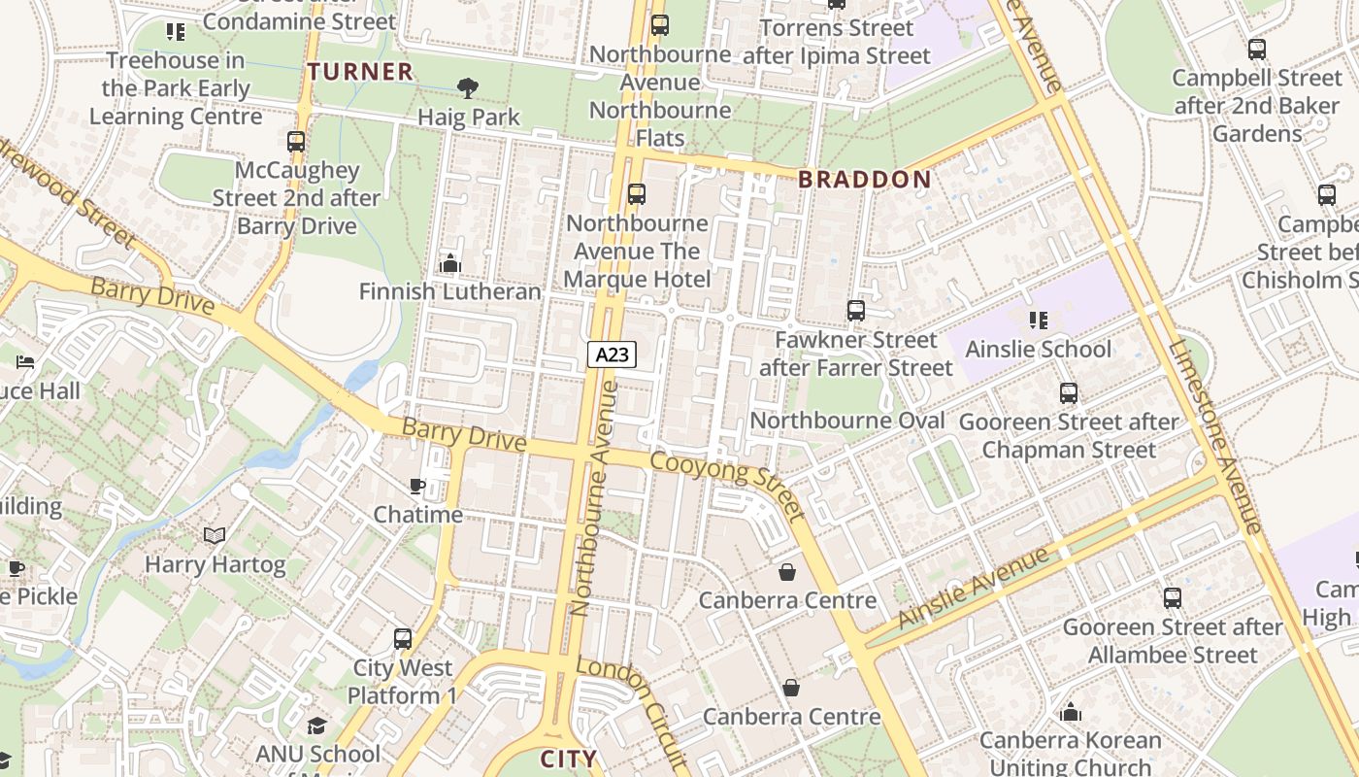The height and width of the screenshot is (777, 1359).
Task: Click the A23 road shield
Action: coord(612,355)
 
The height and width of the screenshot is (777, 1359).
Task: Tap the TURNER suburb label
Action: coord(361,72)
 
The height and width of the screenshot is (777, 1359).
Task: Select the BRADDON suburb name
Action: coord(864,180)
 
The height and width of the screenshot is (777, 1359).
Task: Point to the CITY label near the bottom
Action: coord(568,759)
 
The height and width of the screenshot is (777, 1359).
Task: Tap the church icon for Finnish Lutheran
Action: coord(449,263)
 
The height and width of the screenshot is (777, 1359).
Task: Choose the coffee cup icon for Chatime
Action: coord(417,486)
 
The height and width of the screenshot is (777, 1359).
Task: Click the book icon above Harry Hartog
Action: coord(215,536)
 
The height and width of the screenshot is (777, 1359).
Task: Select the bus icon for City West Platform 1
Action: coord(403,639)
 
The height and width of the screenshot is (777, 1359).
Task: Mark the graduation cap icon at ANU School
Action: coord(317,726)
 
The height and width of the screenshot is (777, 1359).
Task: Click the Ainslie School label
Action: coord(1039,349)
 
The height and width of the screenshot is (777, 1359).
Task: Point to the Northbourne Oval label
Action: coord(847,421)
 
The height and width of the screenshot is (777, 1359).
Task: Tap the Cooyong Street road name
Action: coord(728,485)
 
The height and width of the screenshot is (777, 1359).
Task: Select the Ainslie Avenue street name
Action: coord(974,589)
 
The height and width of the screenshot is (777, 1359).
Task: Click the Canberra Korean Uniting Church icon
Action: coord(1071,712)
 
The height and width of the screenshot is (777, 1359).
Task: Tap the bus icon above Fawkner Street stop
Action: coord(855,311)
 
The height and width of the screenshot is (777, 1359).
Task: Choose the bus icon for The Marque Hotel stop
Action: coord(637,194)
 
